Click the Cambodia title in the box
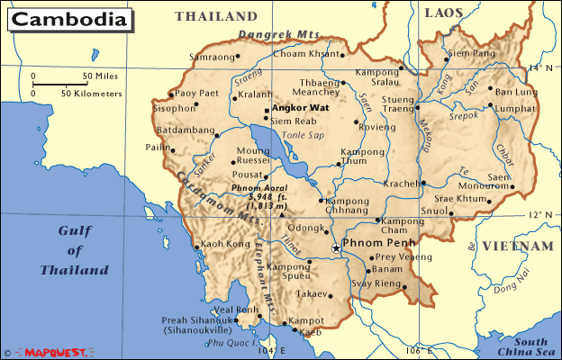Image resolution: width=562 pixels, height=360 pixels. [x=68, y=19]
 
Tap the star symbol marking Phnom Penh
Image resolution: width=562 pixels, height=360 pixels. [x=336, y=247]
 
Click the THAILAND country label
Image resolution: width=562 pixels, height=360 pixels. [x=216, y=16]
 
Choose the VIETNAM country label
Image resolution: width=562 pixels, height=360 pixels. [x=516, y=246]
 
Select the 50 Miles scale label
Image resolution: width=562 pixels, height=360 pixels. [x=100, y=76]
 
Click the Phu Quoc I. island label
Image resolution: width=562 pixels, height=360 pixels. [x=226, y=343]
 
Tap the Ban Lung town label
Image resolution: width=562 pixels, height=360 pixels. [x=515, y=92]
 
